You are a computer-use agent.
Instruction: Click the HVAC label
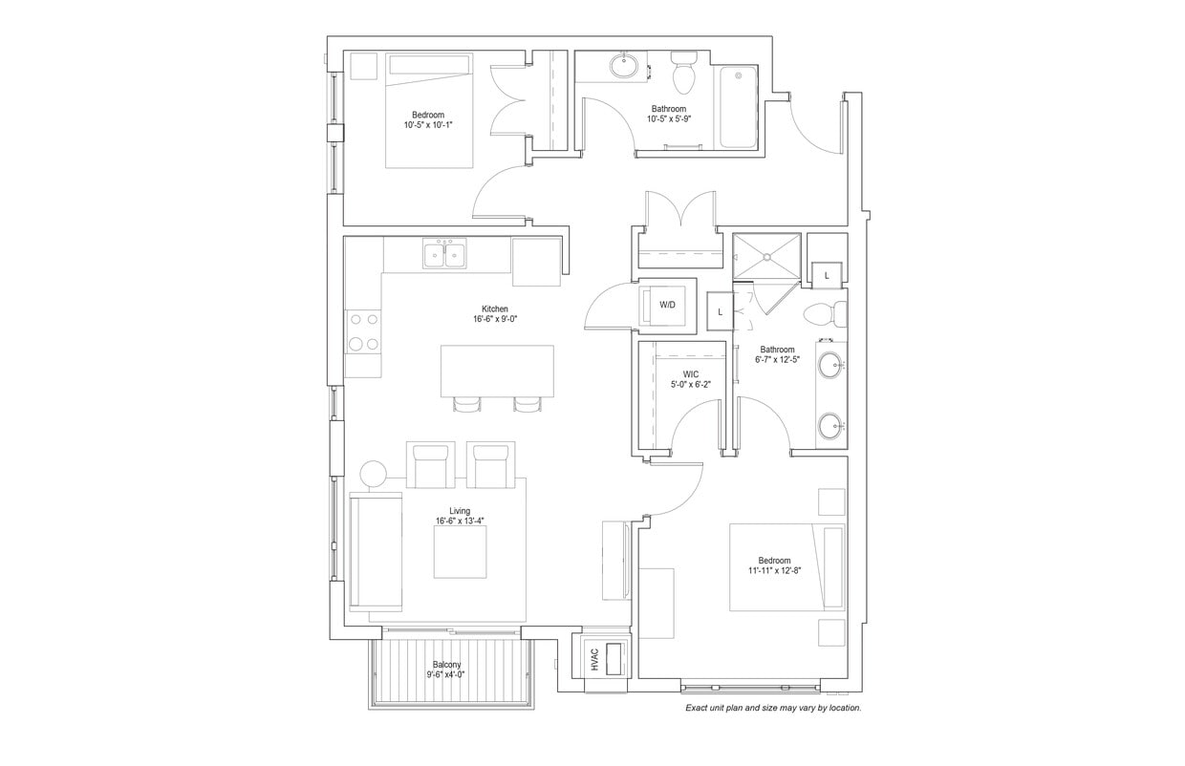593,659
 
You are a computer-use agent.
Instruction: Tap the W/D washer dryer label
667,306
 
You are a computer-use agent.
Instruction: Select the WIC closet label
691,374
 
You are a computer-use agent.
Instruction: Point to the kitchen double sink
444,255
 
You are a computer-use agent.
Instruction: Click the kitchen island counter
497,372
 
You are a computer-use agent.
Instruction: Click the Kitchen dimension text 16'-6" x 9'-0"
494,321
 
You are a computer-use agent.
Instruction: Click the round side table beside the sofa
373,474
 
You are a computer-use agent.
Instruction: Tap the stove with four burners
363,331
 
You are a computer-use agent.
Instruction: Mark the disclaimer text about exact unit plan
773,709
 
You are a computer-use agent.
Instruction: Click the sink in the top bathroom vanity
625,66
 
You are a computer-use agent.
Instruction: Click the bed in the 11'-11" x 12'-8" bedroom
786,567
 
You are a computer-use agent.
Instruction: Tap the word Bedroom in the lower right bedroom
774,561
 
